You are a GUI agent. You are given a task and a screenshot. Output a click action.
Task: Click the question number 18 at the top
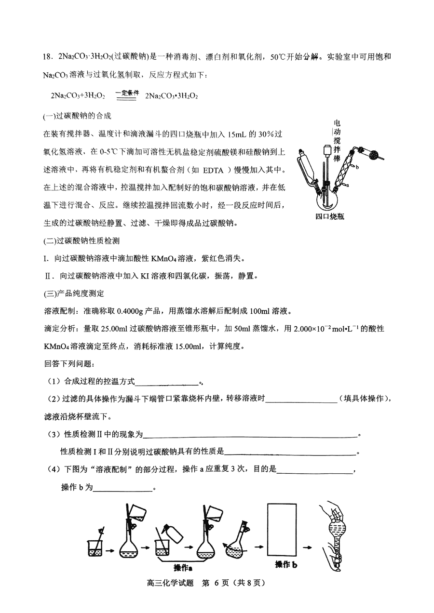(x=47, y=57)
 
